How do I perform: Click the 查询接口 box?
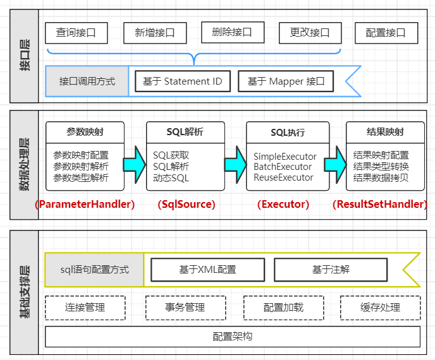pos(77,33)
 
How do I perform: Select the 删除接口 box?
pos(233,32)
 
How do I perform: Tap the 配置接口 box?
pos(386,33)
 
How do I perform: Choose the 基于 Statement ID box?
pos(183,81)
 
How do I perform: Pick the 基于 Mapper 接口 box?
pos(286,81)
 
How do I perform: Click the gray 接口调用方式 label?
pos(87,81)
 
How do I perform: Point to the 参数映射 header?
pos(85,132)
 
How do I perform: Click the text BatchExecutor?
pos(283,167)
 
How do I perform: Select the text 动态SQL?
pos(171,178)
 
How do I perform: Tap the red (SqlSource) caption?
pos(187,204)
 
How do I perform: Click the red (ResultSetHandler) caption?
pos(380,204)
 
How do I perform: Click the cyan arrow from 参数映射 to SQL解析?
pos(134,165)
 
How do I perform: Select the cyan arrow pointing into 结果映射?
pos(335,165)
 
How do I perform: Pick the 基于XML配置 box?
pos(208,270)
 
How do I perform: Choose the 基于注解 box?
pos(331,270)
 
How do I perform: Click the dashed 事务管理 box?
pos(186,308)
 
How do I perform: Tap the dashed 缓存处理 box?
pos(381,308)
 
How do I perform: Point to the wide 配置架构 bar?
pos(233,337)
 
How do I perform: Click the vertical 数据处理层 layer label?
pos(24,165)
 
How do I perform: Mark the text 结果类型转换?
pos(381,167)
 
